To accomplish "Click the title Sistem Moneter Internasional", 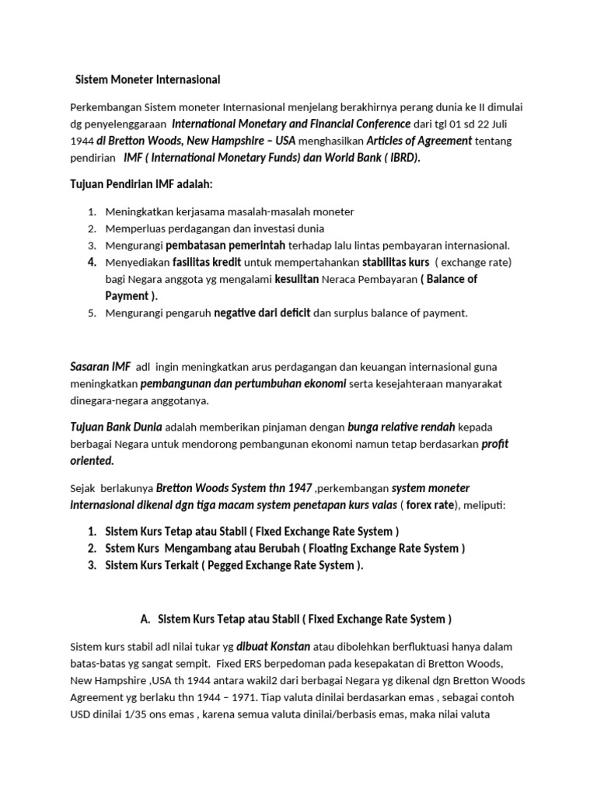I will [x=147, y=80].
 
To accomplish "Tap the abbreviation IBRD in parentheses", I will [x=400, y=158].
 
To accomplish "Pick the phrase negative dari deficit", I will [x=262, y=312].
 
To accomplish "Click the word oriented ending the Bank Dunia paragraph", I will [x=92, y=461].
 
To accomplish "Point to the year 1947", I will [x=299, y=488].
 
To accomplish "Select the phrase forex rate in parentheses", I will [x=432, y=505].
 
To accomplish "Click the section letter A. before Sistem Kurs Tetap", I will [x=145, y=620].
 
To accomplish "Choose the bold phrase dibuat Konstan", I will [x=274, y=646].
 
